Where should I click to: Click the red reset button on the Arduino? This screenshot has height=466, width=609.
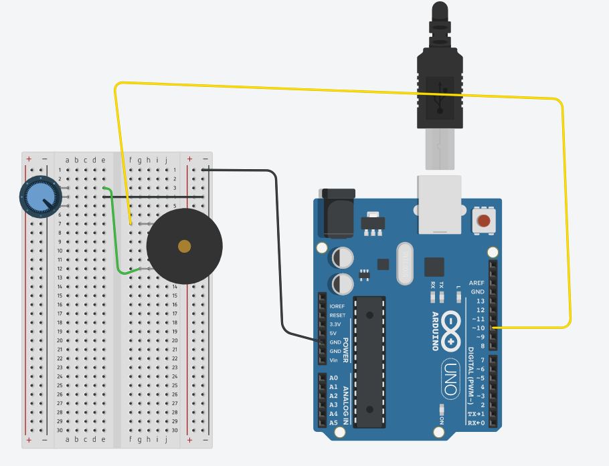[x=483, y=220]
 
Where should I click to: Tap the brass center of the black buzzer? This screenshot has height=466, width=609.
[x=184, y=247]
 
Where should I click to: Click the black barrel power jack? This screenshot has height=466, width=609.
[x=338, y=213]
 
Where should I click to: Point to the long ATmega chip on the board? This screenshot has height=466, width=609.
[x=369, y=361]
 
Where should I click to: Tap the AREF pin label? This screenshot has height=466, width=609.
[x=476, y=283]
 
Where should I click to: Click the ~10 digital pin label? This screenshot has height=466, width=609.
[x=477, y=328]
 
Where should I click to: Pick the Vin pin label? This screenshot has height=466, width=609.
[x=333, y=360]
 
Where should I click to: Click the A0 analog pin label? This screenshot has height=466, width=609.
[x=333, y=378]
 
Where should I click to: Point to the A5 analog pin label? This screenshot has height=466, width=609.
[x=333, y=423]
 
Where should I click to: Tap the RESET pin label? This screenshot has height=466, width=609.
[x=337, y=315]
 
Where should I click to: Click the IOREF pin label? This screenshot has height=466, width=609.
[x=337, y=306]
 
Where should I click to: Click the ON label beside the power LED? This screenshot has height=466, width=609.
[x=442, y=420]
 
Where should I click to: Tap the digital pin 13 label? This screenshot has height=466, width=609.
[x=480, y=301]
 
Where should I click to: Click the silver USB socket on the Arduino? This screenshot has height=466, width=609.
[x=440, y=203]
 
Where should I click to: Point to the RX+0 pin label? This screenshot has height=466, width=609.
[x=476, y=423]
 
